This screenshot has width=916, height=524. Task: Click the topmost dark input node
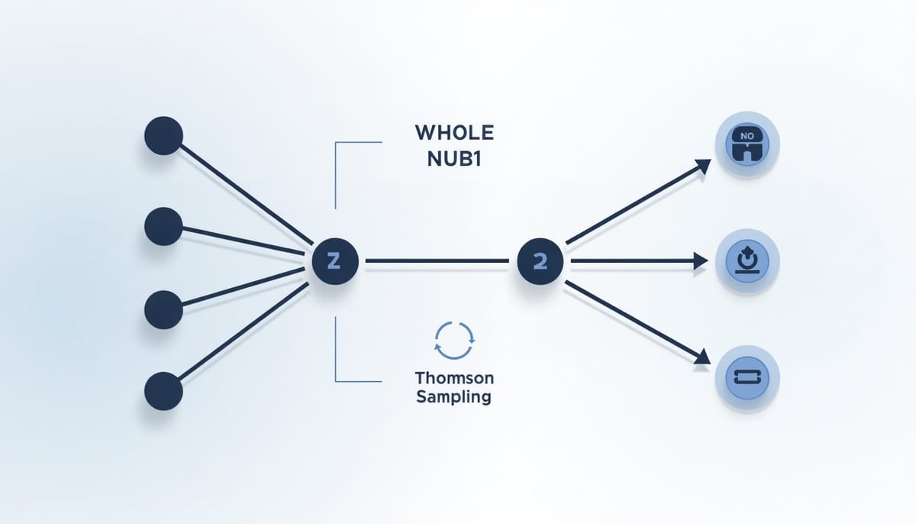(x=163, y=136)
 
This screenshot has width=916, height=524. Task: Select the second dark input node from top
(x=163, y=226)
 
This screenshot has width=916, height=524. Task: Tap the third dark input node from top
(x=163, y=309)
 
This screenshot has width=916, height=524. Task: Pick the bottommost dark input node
(x=163, y=391)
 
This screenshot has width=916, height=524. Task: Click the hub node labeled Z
(x=335, y=261)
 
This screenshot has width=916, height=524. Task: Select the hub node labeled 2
(x=540, y=261)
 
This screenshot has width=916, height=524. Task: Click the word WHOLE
(x=454, y=133)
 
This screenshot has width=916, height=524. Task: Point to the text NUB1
(x=454, y=159)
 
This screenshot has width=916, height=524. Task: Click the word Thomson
(x=454, y=378)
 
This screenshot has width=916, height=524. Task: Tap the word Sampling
(x=454, y=397)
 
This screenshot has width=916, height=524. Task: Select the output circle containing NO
(x=747, y=144)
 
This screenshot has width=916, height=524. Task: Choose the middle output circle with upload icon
(x=747, y=261)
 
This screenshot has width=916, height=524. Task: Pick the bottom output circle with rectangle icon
(x=747, y=378)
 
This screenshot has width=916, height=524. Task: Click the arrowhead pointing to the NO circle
(x=702, y=166)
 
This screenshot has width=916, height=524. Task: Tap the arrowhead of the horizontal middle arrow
(x=701, y=261)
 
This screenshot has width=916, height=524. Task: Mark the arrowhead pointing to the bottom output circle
(x=702, y=357)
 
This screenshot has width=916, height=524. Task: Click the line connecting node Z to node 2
(x=437, y=260)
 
